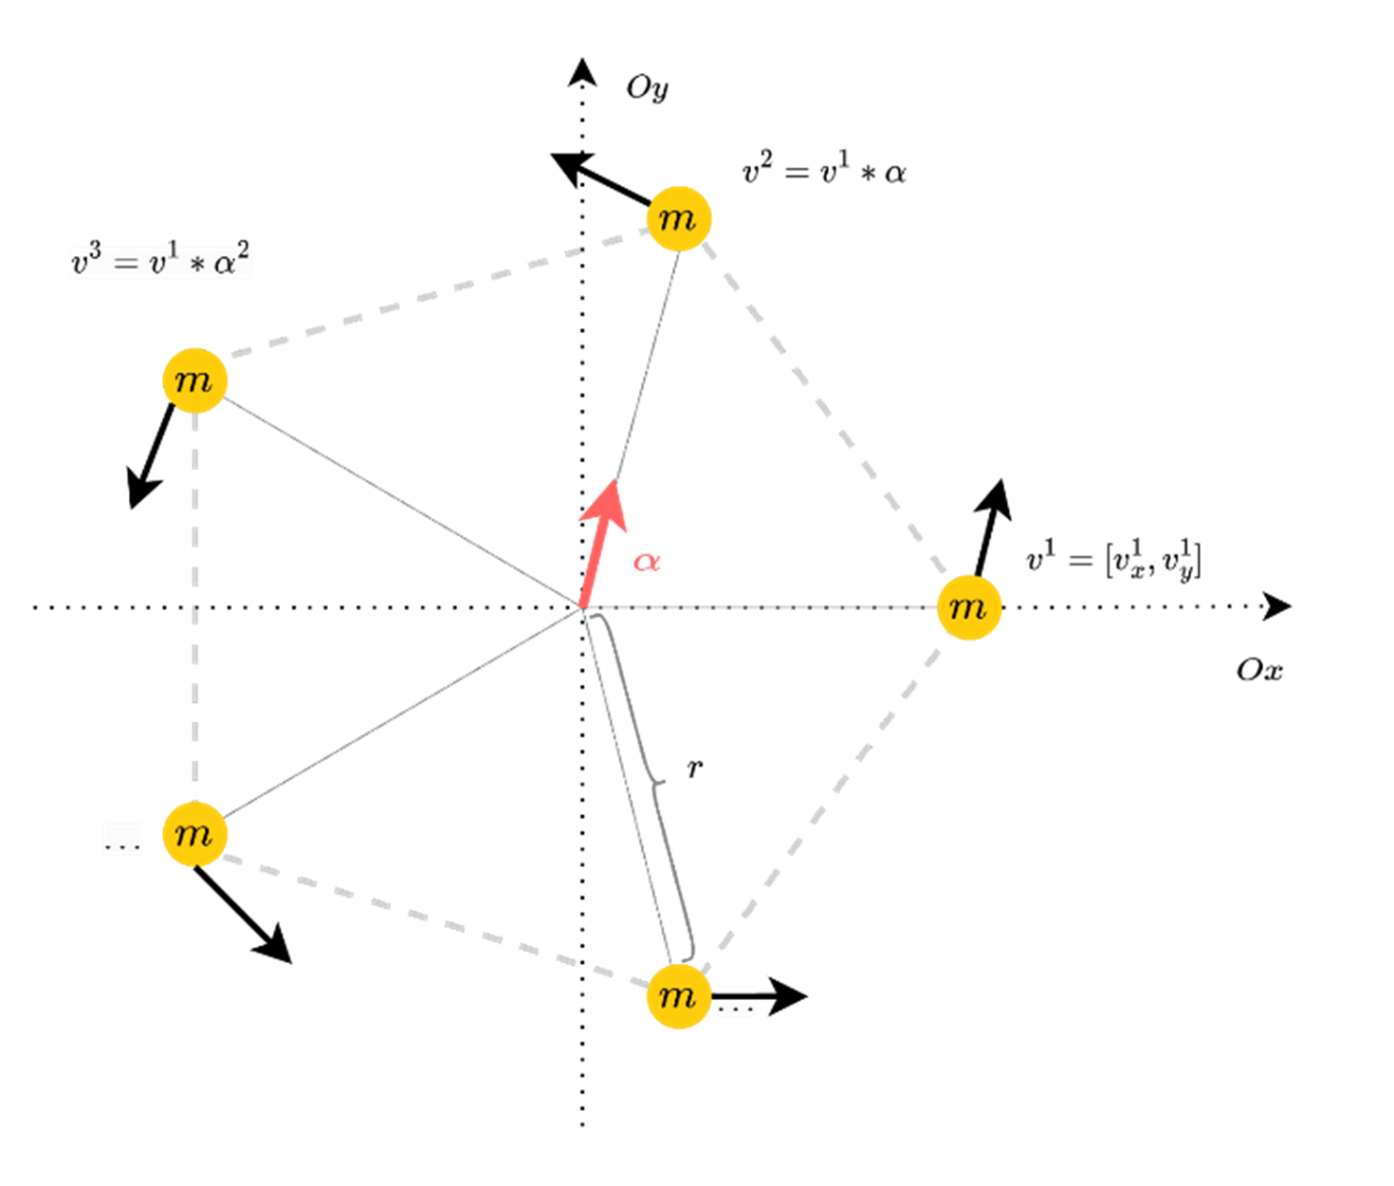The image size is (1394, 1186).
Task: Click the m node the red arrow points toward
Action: (x=678, y=218)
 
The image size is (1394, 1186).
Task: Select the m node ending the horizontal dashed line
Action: (x=968, y=607)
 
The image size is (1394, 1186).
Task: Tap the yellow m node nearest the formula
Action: (x=194, y=380)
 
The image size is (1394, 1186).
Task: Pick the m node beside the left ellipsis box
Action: (x=194, y=834)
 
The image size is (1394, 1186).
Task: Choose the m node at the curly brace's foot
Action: (x=678, y=996)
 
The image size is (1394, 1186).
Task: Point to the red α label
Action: (x=647, y=562)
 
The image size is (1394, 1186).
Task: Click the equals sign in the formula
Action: (x=125, y=263)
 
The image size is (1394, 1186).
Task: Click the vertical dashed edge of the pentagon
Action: (x=195, y=607)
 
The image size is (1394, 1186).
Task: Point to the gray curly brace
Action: (x=654, y=783)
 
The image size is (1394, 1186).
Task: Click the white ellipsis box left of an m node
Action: (x=122, y=839)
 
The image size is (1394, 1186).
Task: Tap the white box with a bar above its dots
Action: (x=736, y=1002)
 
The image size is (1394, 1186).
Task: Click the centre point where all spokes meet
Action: (x=581, y=607)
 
